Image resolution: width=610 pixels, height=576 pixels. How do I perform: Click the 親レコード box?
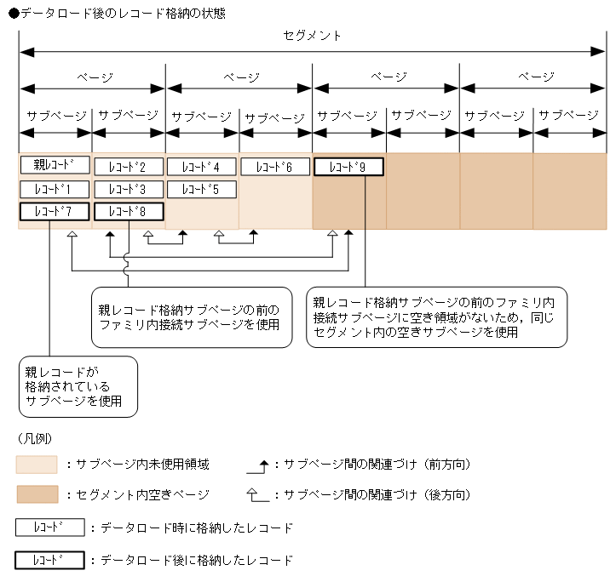(55, 165)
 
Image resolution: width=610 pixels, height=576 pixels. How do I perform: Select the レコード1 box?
(55, 189)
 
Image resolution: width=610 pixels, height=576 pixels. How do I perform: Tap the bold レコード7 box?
(55, 212)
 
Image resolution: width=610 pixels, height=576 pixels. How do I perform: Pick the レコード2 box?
(128, 167)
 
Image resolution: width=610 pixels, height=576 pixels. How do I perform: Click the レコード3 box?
(128, 189)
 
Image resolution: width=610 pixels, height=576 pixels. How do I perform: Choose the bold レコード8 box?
(128, 212)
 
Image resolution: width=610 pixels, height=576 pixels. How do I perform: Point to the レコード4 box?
(201, 167)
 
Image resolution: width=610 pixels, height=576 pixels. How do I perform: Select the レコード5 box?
(201, 189)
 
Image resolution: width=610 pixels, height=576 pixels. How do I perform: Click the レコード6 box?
(274, 167)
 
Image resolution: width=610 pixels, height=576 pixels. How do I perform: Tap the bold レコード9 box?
(348, 167)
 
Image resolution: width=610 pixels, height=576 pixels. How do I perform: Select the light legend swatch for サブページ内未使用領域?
(37, 465)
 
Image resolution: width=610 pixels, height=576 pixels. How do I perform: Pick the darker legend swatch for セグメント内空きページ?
(37, 494)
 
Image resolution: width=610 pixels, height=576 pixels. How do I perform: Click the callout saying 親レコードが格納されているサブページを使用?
(79, 386)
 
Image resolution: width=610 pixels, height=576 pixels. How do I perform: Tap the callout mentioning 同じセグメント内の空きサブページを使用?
(436, 317)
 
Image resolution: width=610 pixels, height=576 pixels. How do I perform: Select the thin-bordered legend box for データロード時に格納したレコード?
(50, 528)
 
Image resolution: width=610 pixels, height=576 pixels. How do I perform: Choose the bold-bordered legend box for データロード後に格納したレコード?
(50, 561)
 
